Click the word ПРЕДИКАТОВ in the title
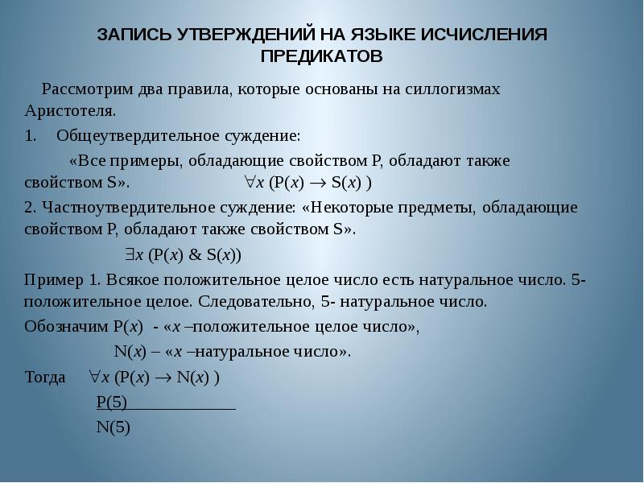tap(321, 56)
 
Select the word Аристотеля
tap(72, 109)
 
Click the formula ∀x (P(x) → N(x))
tap(153, 376)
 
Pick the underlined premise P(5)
tap(113, 402)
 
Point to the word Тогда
tap(46, 376)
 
